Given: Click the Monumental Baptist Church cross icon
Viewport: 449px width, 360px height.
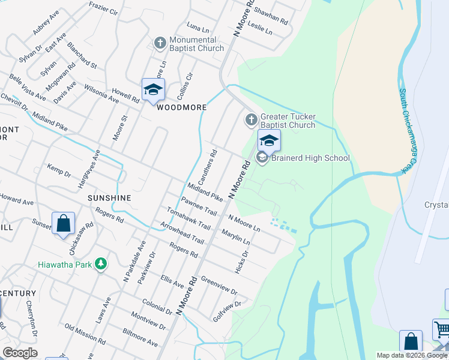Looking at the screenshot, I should (160, 43).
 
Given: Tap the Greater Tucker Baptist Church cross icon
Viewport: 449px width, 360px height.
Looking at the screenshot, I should (250, 120).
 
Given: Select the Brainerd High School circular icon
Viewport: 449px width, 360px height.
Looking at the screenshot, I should (262, 158).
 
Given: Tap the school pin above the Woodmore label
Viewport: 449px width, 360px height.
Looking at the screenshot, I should (153, 90).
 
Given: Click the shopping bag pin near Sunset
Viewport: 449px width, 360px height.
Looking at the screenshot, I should (63, 224).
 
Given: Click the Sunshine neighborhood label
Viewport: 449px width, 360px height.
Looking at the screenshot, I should (109, 197).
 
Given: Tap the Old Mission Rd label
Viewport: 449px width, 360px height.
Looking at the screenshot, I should (85, 335).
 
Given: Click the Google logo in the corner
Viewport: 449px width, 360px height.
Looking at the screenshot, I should (20, 353).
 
